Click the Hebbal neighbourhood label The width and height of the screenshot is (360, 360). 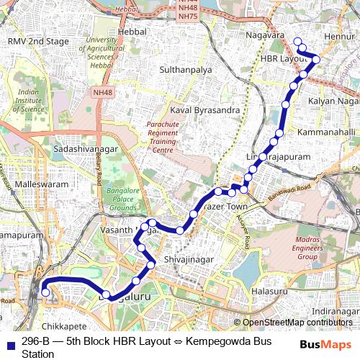coord(132,32)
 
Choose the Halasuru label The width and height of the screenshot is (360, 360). coord(270,292)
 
